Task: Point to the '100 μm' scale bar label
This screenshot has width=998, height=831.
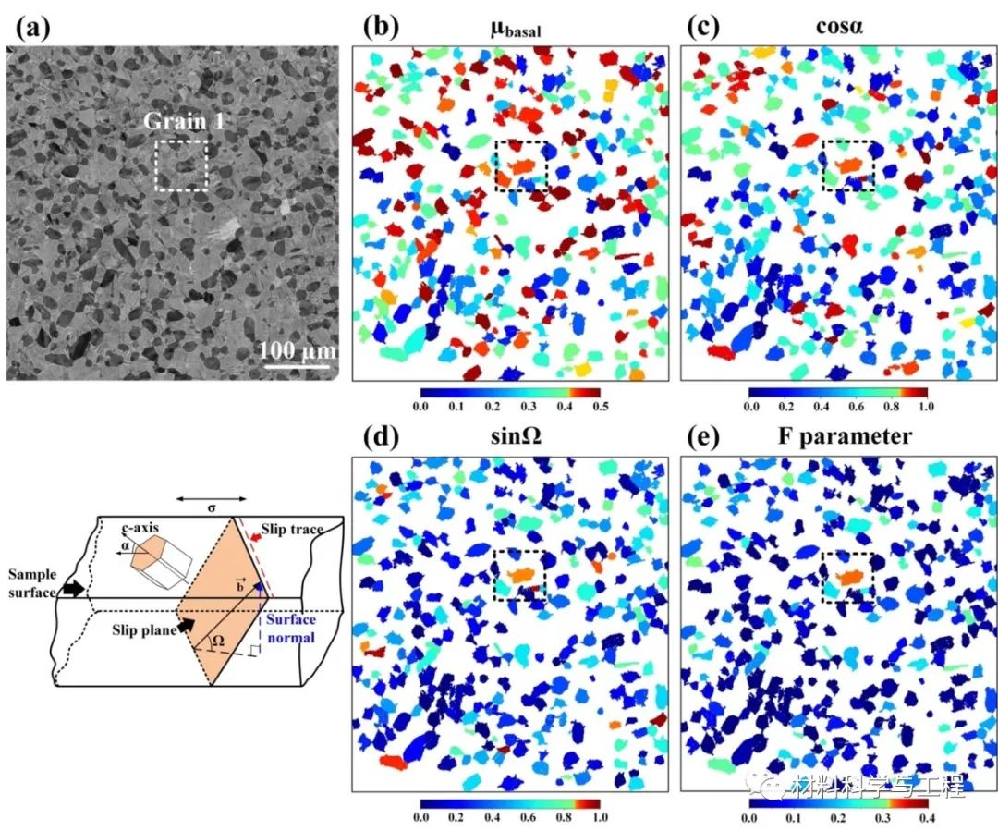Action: [297, 352]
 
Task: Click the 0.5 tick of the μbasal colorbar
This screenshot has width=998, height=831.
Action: [600, 406]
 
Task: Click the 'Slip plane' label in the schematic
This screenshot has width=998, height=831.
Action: [145, 628]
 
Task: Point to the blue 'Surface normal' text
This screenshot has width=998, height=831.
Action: [290, 628]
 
